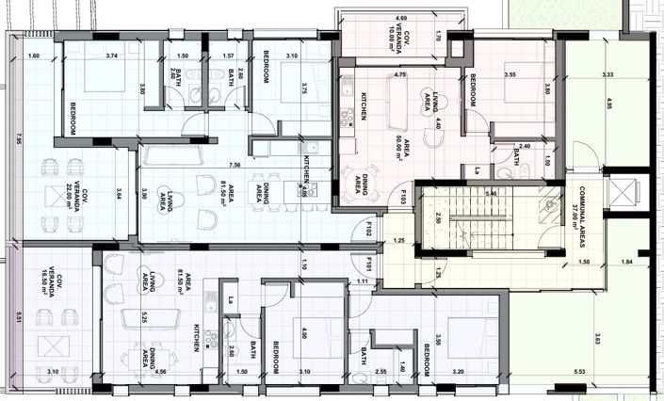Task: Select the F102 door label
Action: tap(370, 229)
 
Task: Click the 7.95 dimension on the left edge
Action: tap(18, 138)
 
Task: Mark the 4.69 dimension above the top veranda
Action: tap(401, 18)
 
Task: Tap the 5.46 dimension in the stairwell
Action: tap(491, 193)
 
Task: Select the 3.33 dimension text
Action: tap(607, 74)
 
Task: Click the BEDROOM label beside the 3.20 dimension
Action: tap(427, 360)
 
